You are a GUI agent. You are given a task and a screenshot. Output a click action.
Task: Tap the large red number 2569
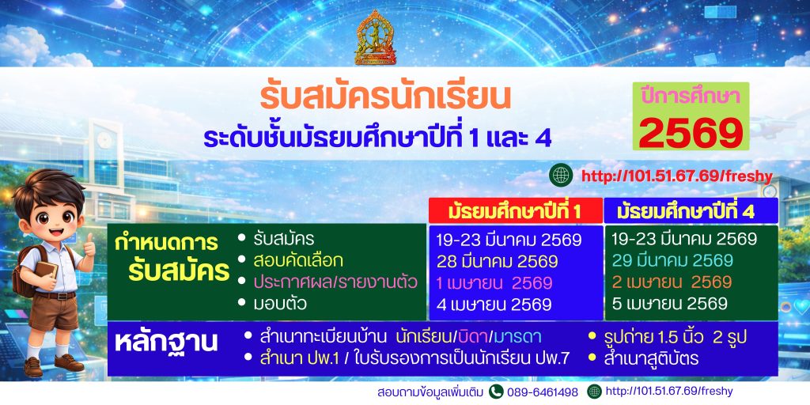691,132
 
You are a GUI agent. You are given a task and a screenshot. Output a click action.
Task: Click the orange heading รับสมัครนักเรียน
385,97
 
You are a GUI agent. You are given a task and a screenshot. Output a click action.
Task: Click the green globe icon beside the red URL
561,175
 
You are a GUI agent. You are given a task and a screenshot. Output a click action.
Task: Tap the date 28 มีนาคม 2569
497,262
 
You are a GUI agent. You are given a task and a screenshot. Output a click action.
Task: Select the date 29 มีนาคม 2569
672,260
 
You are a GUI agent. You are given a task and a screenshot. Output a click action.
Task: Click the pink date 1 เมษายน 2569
494,283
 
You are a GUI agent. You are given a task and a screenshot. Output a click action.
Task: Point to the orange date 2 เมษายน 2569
672,282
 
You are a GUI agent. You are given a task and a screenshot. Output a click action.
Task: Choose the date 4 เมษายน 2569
494,305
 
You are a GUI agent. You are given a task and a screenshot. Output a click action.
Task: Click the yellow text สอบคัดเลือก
298,261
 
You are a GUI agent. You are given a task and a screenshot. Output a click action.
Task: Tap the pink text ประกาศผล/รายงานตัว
335,282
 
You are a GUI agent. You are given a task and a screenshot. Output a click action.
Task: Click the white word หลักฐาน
166,343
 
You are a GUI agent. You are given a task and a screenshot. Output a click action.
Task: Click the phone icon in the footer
496,392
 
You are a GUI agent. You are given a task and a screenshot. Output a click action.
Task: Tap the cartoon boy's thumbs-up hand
89,246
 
